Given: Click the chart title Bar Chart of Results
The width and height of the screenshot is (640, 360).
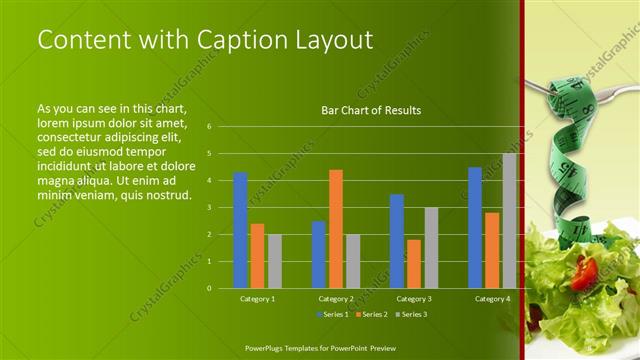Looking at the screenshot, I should coord(370,110).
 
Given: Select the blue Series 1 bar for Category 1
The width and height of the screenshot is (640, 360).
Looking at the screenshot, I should coord(240,230).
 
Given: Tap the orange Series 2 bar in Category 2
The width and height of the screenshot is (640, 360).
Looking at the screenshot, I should coord(336,229).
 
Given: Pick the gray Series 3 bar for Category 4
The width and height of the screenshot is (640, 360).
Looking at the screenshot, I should coord(509,220).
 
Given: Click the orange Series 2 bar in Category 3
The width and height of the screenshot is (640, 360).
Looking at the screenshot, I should coord(414,264).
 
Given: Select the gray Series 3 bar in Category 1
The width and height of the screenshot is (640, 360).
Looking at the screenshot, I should coord(274,261).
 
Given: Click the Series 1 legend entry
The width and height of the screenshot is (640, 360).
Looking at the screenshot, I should coord(334,314).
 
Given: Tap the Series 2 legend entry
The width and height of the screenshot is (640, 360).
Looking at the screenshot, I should coord(372,314).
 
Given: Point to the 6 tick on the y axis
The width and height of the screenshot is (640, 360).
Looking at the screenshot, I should coord(209,127).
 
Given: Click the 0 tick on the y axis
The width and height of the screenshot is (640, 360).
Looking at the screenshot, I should coord(209,288).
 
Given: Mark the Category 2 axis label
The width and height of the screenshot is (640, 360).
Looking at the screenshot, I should coord(336,299).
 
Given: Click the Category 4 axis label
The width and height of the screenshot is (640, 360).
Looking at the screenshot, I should coord(491,299).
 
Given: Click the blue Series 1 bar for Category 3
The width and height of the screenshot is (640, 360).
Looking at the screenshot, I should coord(397,241).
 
